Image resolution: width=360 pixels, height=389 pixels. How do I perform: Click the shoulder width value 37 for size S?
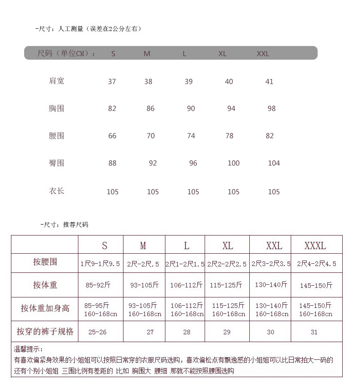click(112, 82)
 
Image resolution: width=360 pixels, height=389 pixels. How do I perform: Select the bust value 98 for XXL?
click(272, 108)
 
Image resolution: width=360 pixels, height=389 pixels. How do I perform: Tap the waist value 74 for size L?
click(191, 136)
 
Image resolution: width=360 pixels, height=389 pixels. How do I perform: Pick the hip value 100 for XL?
click(233, 163)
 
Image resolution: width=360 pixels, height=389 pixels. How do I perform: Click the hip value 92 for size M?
click(153, 163)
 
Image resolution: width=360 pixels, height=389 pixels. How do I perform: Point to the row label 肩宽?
click(57, 81)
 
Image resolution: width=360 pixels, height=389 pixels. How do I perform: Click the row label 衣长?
click(57, 191)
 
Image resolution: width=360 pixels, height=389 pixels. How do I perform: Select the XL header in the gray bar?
click(222, 54)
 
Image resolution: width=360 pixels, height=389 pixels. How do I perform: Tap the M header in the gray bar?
click(147, 54)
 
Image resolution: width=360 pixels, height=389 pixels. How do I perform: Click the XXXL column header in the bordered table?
click(315, 246)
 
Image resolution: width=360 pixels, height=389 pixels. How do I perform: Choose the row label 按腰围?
click(45, 262)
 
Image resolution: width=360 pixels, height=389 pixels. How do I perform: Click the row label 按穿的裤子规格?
click(45, 331)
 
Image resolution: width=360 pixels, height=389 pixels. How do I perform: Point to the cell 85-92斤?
click(98, 285)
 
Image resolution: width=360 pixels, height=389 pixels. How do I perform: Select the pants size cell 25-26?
click(97, 332)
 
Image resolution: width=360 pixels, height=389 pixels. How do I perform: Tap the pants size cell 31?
click(314, 332)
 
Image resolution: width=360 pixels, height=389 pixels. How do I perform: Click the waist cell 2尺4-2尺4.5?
click(316, 264)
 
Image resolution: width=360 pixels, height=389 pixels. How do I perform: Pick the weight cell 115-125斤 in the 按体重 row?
click(226, 285)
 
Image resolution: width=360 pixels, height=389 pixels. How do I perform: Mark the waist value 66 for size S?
click(112, 136)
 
